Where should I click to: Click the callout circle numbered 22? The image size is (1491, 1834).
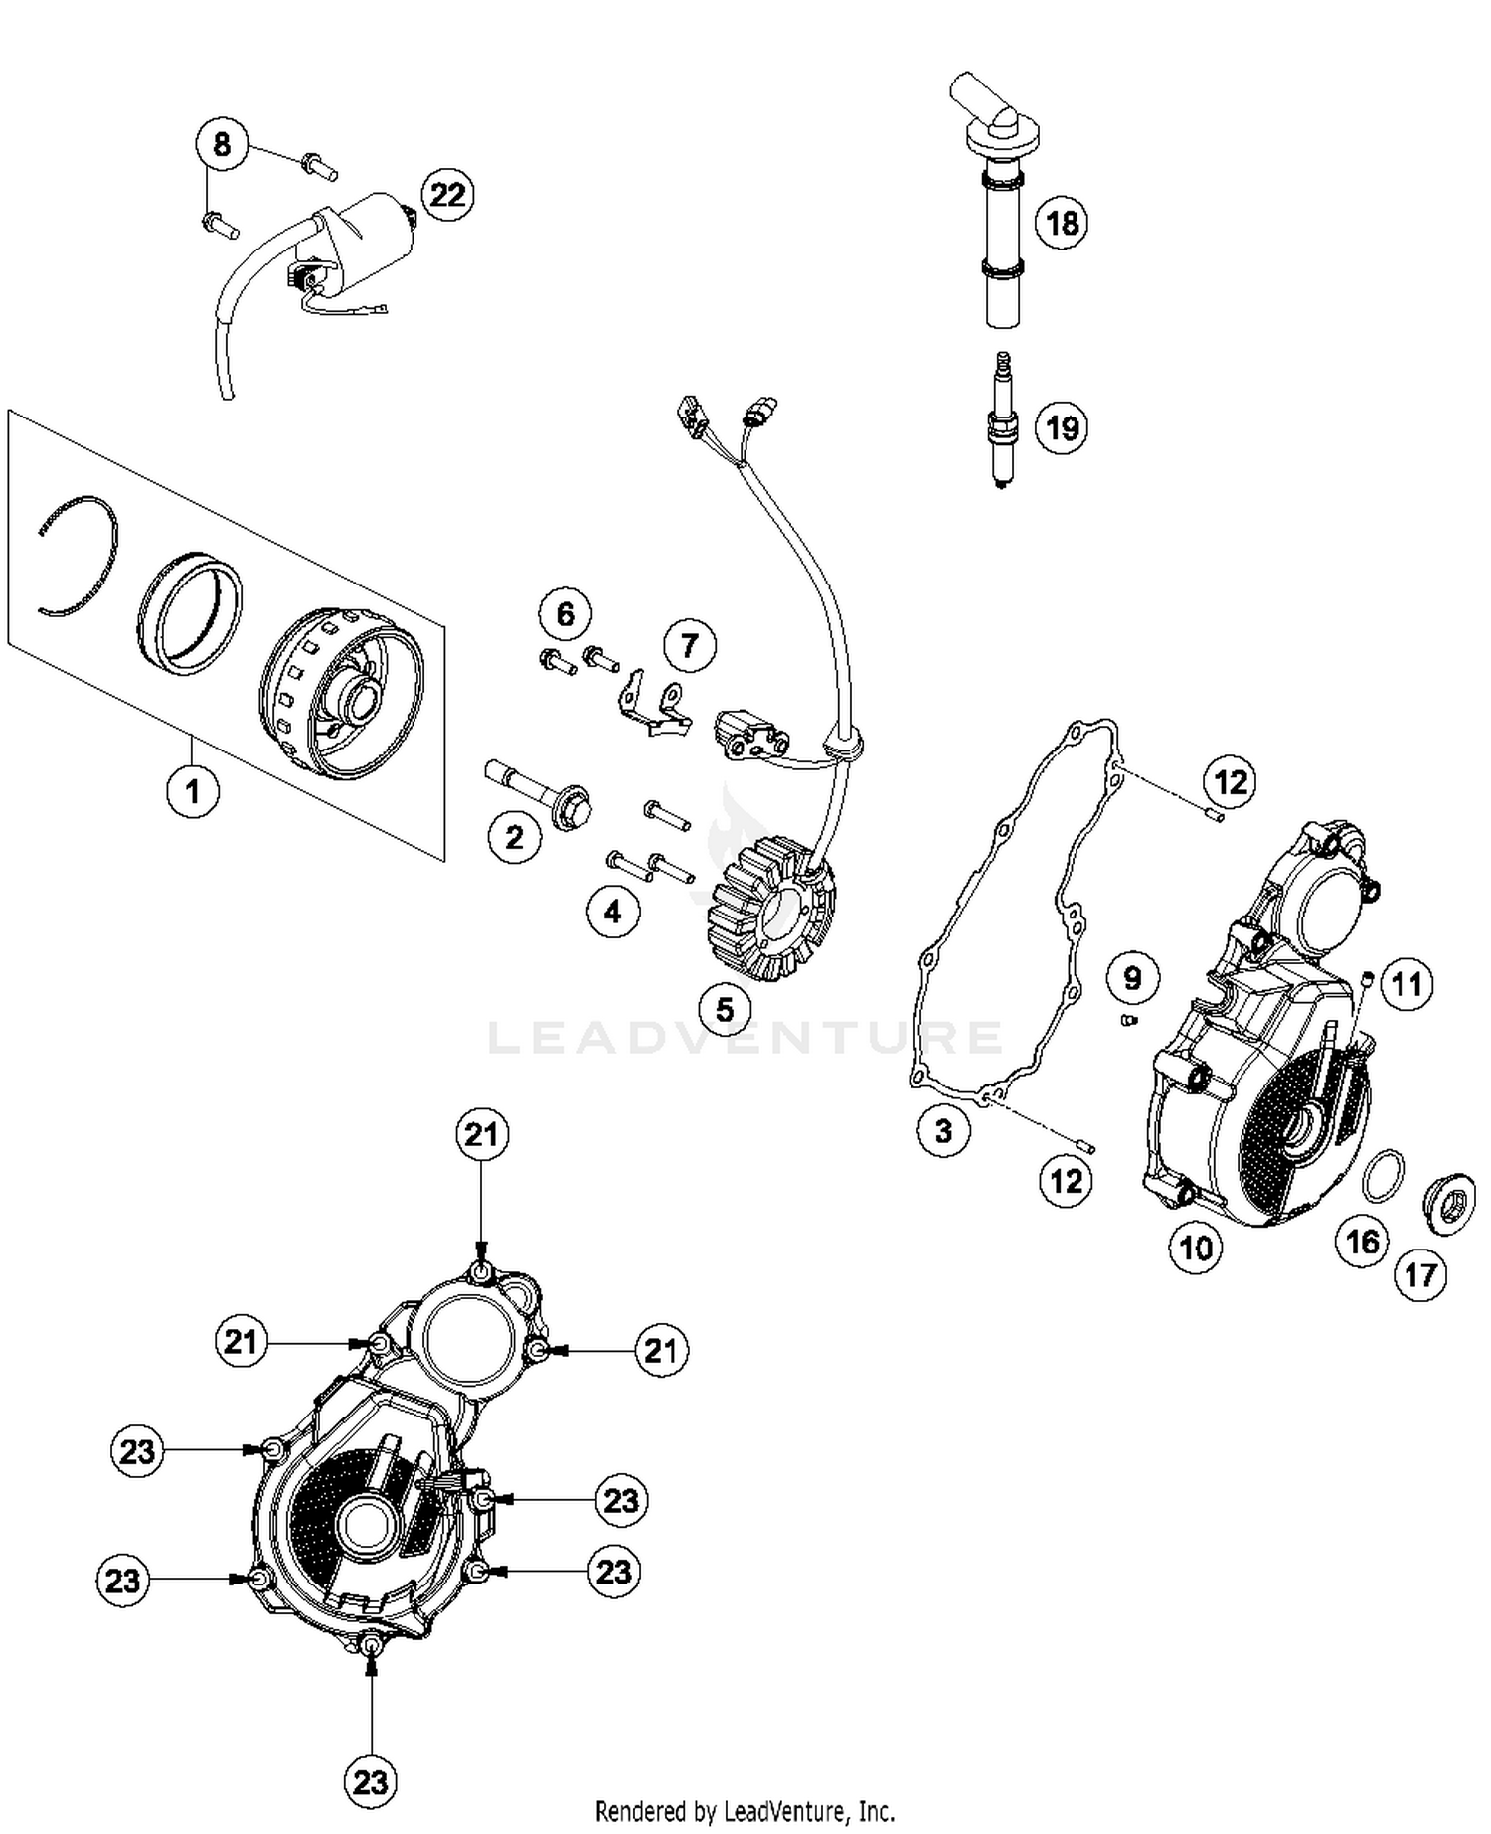click(x=447, y=195)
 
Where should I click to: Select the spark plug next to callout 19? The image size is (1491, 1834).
click(x=1003, y=423)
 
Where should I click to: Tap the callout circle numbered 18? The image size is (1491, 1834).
click(x=1062, y=222)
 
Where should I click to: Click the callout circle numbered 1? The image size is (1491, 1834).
click(x=192, y=791)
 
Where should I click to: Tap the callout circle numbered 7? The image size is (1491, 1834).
click(x=689, y=646)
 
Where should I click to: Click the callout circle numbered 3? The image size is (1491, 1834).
click(x=942, y=1130)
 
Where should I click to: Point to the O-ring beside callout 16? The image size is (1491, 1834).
click(x=1383, y=1175)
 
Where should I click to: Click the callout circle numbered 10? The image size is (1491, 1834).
click(x=1195, y=1247)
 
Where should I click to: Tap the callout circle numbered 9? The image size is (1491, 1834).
click(x=1132, y=978)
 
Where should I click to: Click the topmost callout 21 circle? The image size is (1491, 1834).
click(x=482, y=1135)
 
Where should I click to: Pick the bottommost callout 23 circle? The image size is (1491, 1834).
click(x=371, y=1781)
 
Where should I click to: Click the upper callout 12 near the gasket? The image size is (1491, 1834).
click(x=1230, y=782)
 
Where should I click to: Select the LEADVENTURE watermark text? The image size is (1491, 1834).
click(x=745, y=1036)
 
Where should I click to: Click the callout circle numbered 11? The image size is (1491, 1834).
click(x=1406, y=984)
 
